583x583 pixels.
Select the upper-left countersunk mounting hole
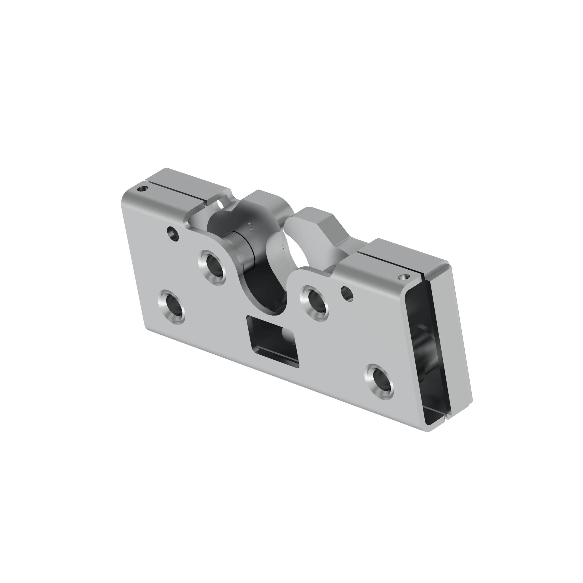click(x=213, y=267)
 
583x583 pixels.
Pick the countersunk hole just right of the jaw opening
click(x=314, y=303)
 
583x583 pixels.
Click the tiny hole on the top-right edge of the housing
click(x=403, y=276)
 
